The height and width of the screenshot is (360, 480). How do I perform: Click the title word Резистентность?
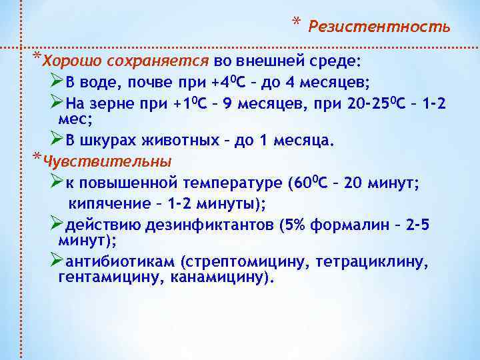[379, 27]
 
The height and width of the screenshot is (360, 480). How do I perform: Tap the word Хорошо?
[69, 62]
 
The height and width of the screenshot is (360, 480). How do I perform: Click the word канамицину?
[216, 276]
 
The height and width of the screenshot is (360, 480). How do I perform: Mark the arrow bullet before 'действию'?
[57, 224]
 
